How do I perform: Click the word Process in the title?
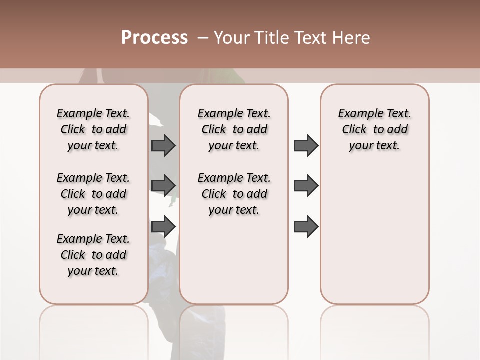click(154, 38)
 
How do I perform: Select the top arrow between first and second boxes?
click(163, 145)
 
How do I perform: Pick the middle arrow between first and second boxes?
click(163, 186)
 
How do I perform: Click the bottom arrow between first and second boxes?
click(163, 226)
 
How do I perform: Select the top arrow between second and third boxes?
click(306, 145)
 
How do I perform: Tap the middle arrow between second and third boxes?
click(306, 186)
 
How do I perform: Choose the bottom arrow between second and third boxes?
click(306, 226)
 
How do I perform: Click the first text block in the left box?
click(93, 129)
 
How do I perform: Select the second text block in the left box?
click(93, 194)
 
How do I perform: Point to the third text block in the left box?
click(93, 255)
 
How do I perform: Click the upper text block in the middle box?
click(234, 129)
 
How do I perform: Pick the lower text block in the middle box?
click(234, 194)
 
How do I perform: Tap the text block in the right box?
click(374, 129)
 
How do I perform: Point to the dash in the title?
click(202, 38)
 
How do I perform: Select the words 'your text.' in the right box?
click(374, 146)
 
